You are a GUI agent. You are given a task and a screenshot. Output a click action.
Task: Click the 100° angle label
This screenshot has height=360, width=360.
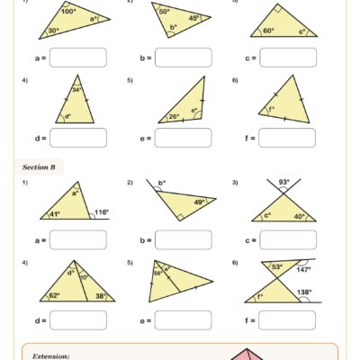(68, 13)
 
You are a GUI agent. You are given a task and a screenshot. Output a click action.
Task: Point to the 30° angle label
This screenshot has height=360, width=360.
(55, 31)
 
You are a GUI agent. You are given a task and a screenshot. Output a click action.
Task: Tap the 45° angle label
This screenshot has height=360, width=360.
(193, 18)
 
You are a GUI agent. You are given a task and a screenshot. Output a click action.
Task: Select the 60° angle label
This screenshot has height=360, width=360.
(267, 31)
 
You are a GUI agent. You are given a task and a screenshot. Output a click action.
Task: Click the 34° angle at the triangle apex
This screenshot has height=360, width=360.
(77, 89)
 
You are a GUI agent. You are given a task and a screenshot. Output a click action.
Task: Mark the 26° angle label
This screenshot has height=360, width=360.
(175, 115)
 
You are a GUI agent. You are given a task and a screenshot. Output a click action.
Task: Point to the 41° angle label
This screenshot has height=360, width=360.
(55, 214)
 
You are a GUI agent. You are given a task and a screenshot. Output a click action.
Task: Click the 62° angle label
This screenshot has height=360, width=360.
(54, 295)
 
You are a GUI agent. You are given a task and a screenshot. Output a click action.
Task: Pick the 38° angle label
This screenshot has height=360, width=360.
(101, 295)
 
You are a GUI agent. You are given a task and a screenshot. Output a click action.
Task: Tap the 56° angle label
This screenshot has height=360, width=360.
(158, 273)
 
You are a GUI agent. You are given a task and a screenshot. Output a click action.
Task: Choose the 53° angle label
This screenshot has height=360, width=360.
(277, 266)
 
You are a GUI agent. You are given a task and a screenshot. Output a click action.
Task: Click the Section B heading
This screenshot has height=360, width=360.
(40, 166)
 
